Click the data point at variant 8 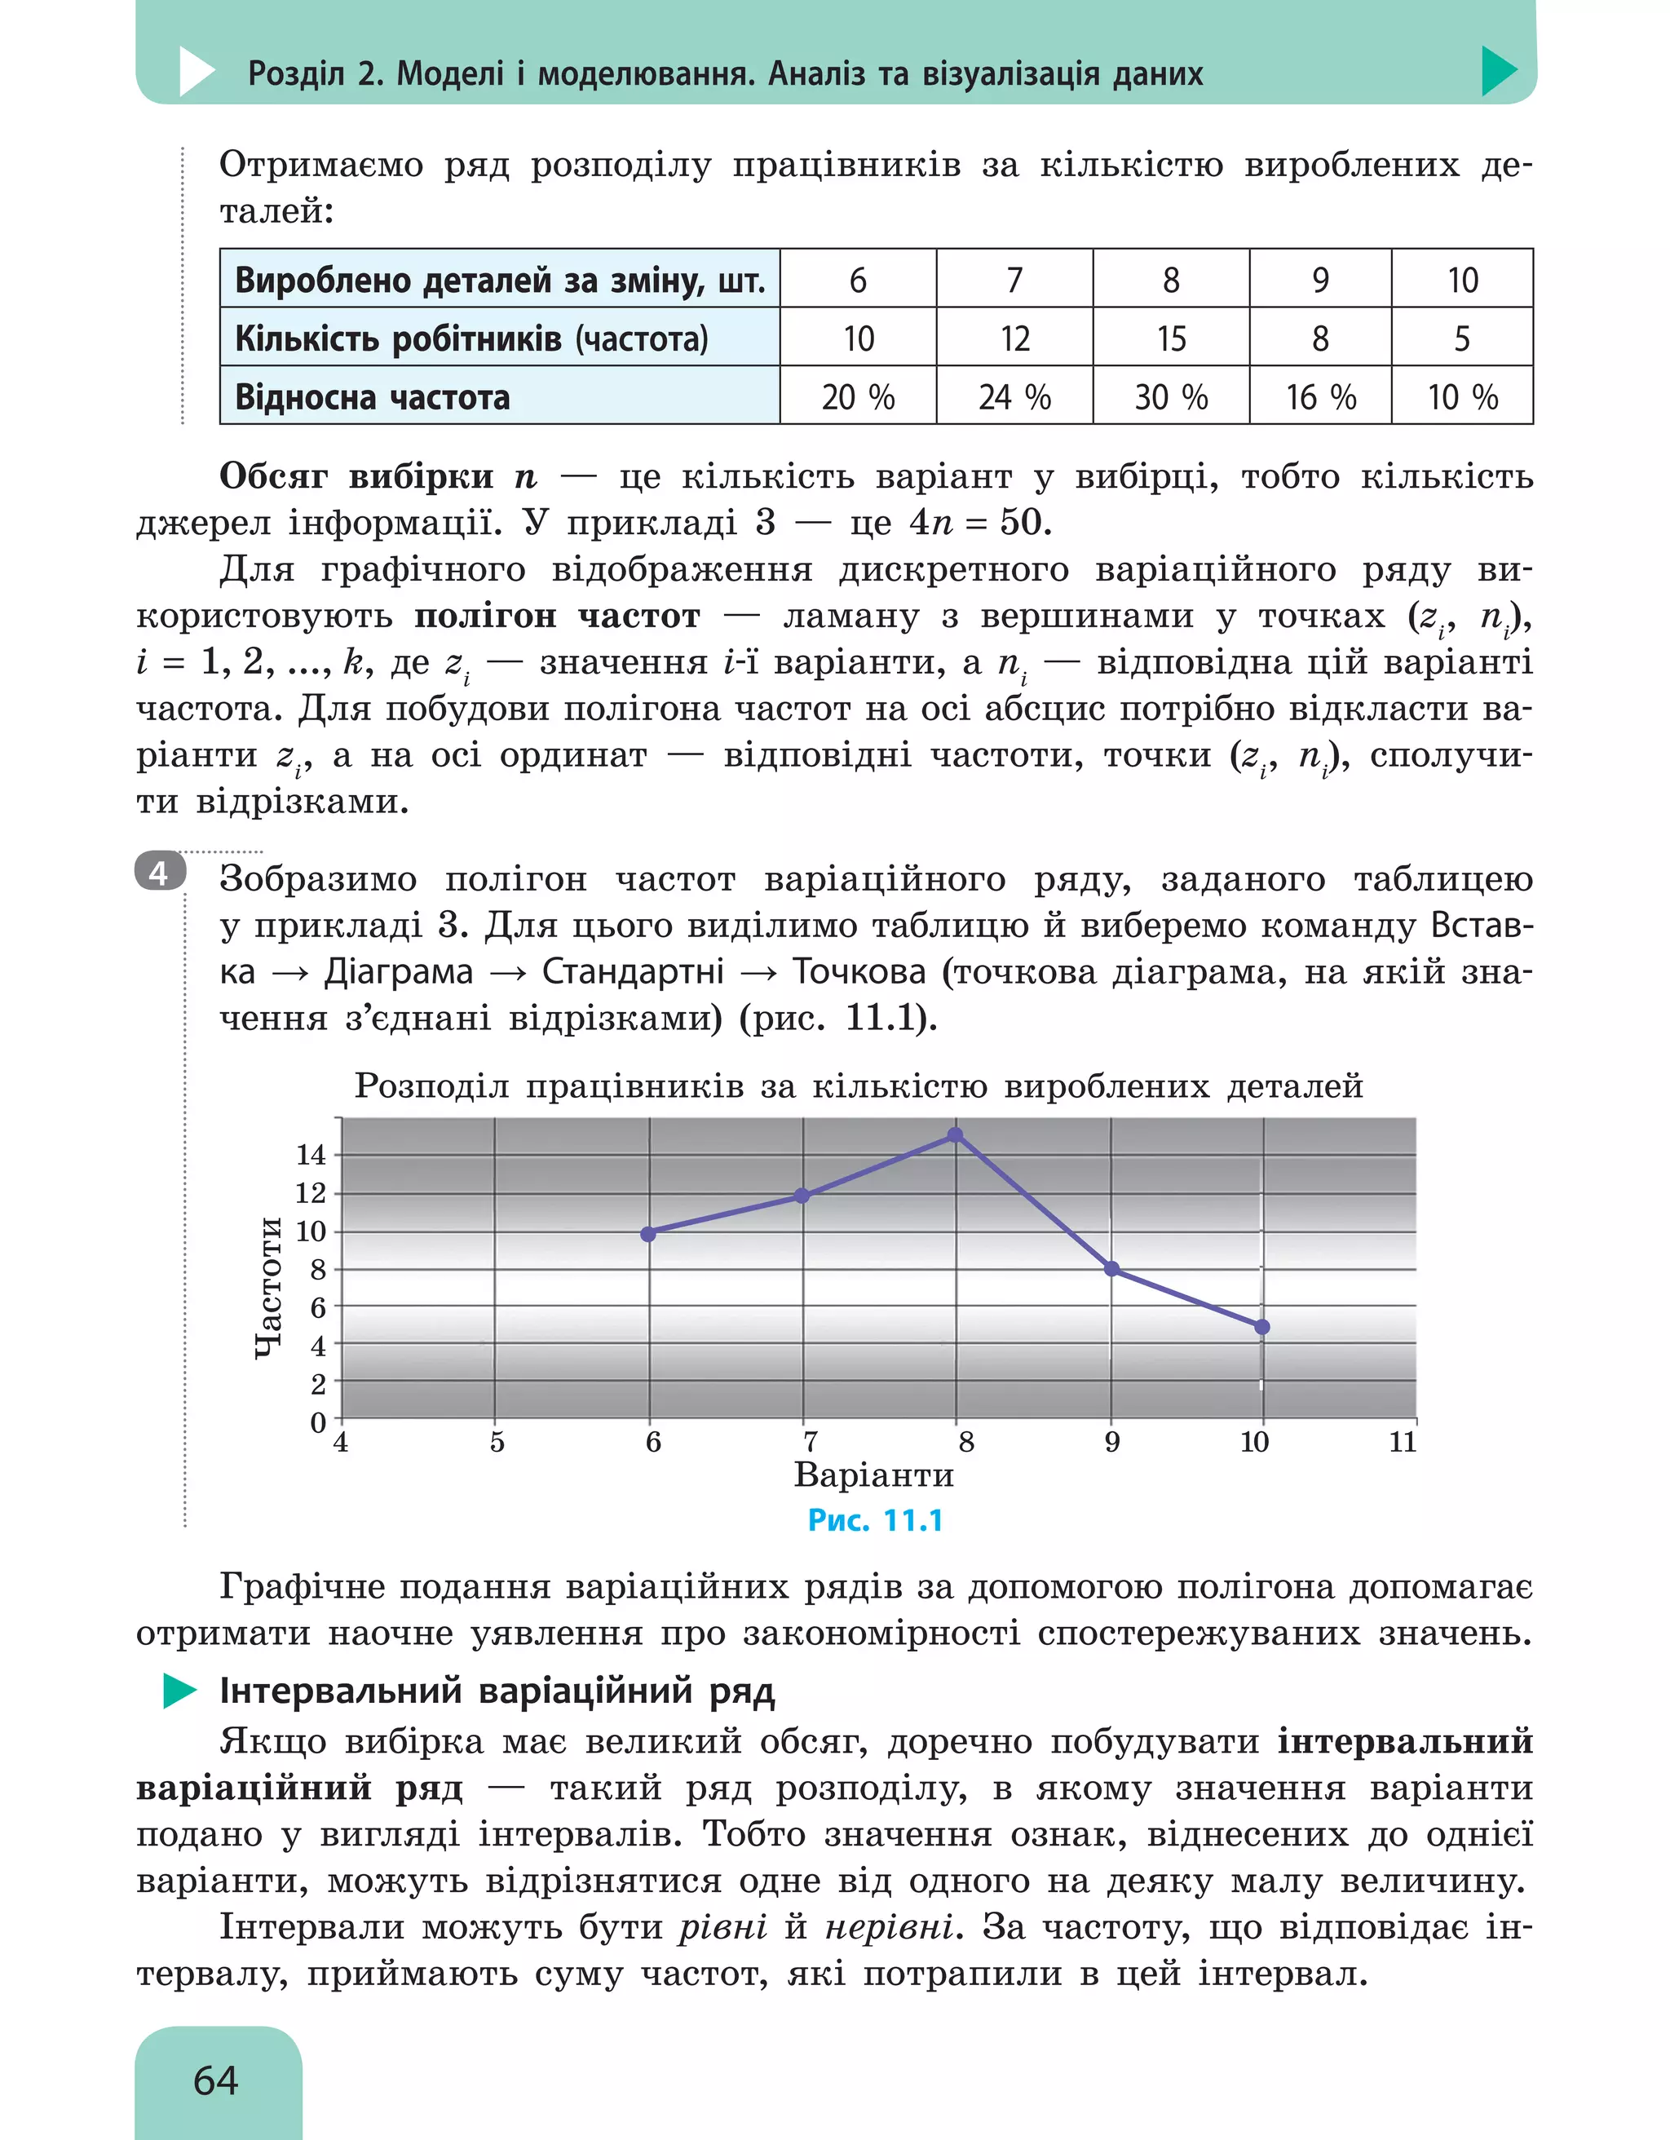click(955, 1135)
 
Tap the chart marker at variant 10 click(1261, 1327)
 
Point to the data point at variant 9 click(1111, 1269)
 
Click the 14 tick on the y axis click(311, 1156)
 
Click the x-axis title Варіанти click(873, 1475)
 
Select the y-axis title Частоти click(268, 1288)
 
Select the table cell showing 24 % click(1014, 397)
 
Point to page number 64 click(215, 2080)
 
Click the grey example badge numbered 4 click(159, 871)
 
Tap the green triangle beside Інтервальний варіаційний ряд click(179, 1691)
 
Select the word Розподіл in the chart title click(431, 1085)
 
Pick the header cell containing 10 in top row click(1461, 281)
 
